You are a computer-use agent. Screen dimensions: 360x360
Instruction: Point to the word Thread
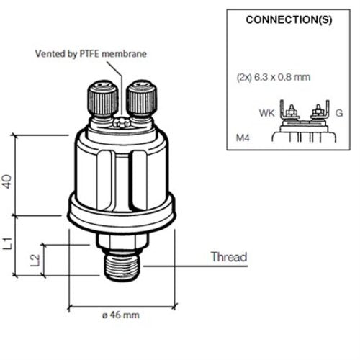pyautogui.click(x=228, y=257)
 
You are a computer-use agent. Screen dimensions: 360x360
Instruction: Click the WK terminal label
pyautogui.click(x=266, y=112)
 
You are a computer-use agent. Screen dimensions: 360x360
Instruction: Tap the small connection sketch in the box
pyautogui.click(x=302, y=122)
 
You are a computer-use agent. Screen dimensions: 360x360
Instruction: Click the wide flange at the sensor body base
pyautogui.click(x=120, y=213)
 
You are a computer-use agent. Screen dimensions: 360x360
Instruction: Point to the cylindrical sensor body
pyautogui.click(x=120, y=169)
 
